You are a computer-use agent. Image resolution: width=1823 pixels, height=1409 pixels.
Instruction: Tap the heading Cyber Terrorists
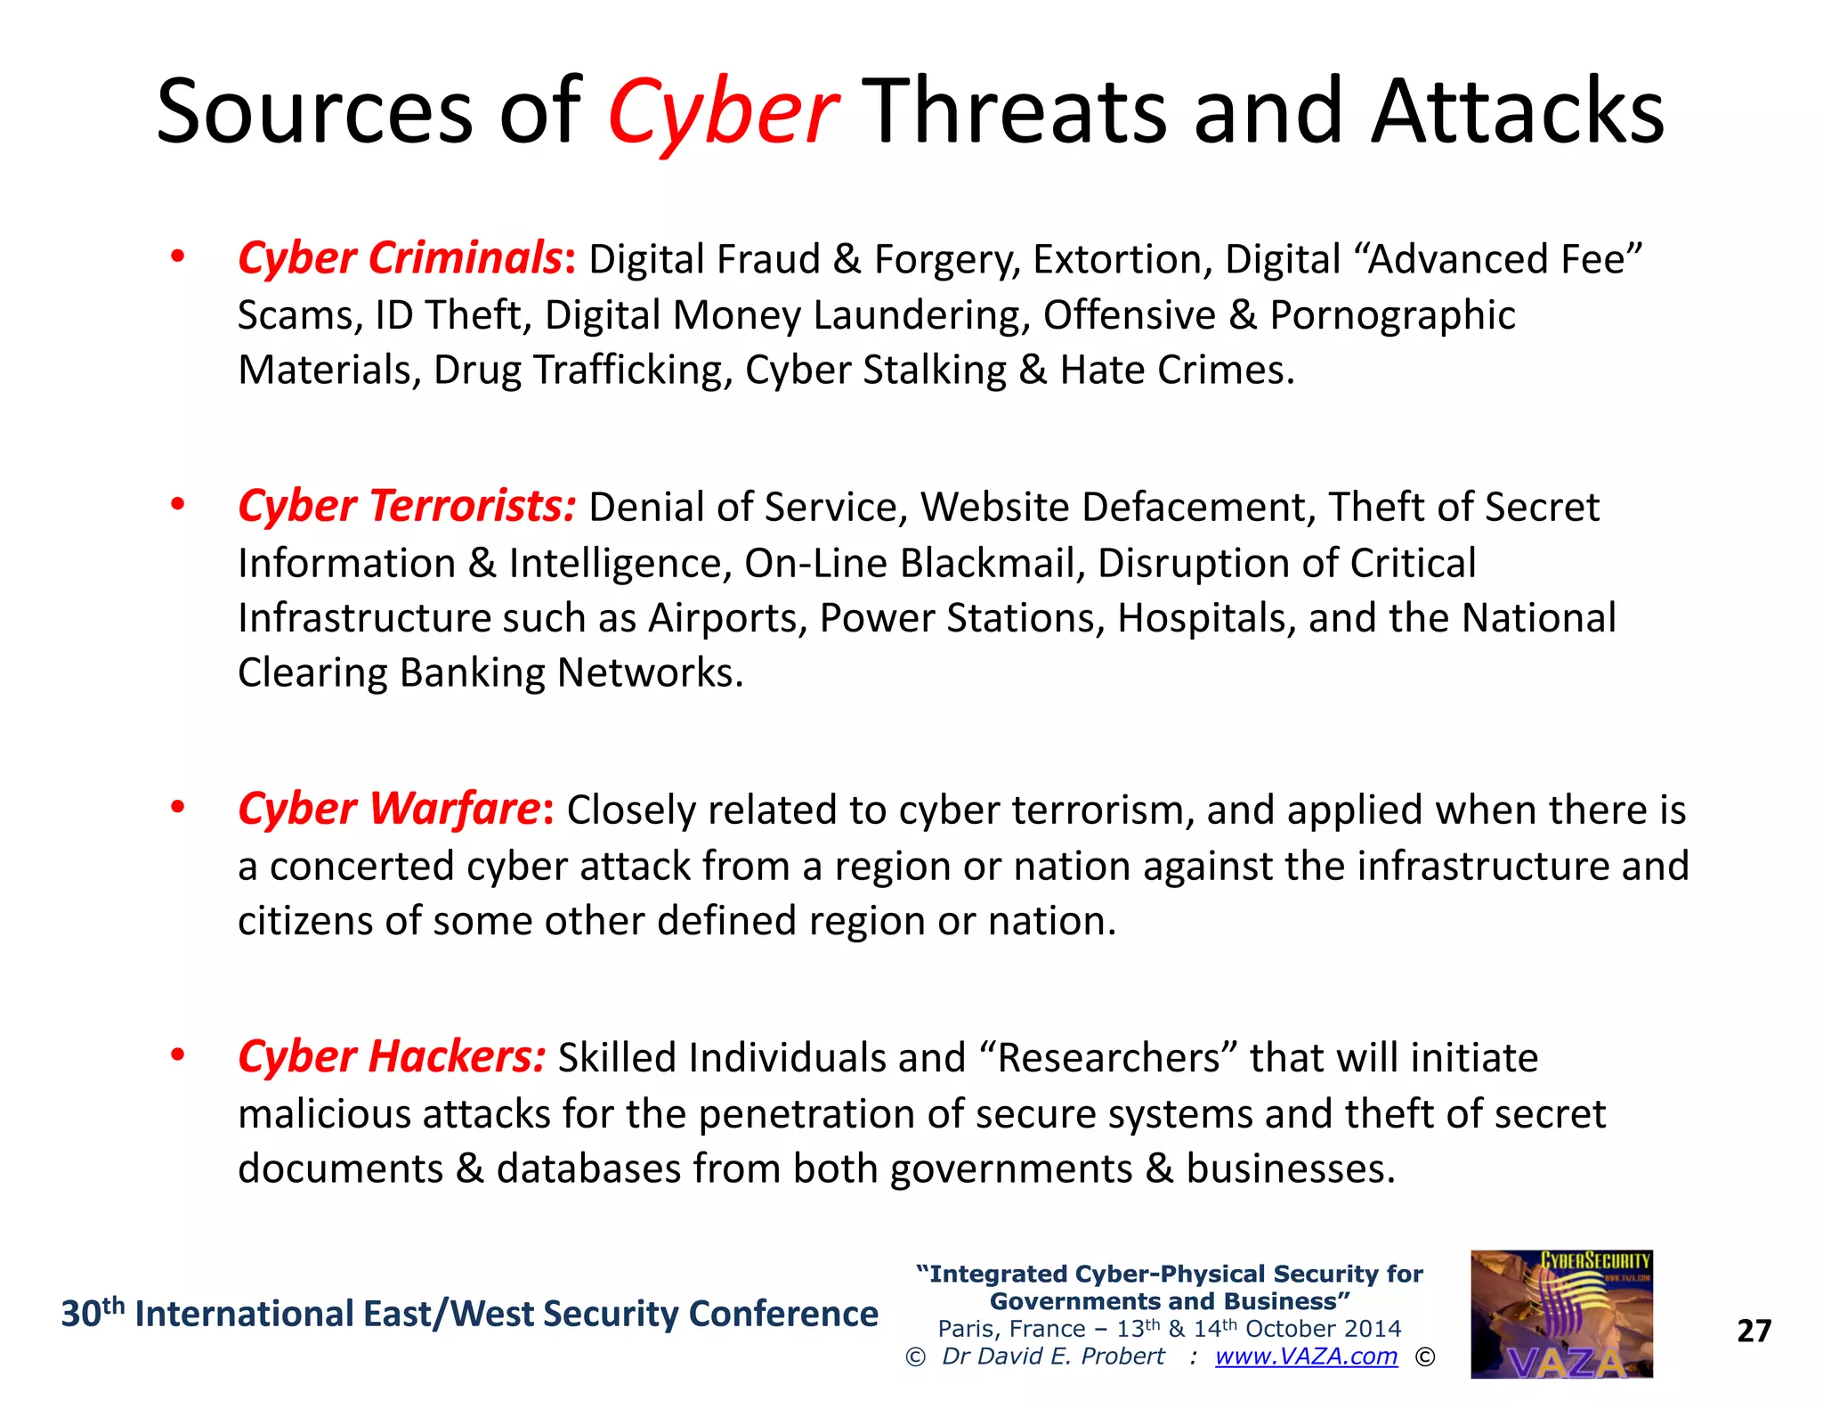coord(407,506)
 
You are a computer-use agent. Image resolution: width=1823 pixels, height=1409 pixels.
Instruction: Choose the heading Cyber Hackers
coord(391,1057)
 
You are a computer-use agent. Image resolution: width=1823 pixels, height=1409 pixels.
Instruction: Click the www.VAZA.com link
coord(1306,1356)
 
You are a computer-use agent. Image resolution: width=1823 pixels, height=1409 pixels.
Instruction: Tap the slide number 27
coord(1754,1331)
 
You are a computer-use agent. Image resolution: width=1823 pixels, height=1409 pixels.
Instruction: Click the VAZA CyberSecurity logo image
coord(1561,1314)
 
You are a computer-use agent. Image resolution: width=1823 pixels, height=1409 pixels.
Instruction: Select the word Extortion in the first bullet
coord(1116,259)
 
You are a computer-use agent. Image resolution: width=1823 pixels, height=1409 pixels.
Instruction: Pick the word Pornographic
coord(1392,315)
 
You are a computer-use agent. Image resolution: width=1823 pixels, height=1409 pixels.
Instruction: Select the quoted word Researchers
coord(1109,1058)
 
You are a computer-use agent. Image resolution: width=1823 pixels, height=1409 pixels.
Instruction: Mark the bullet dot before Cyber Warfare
coord(178,807)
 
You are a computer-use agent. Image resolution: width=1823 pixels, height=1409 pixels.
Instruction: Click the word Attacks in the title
coord(1517,112)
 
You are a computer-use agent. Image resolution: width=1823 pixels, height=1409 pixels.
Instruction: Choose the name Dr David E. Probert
coord(1053,1356)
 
